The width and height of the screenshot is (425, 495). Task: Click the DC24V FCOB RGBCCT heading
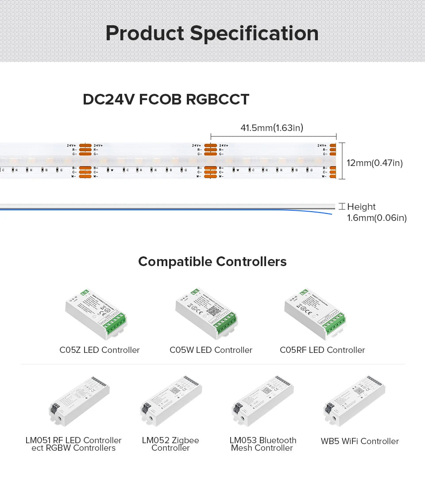[166, 99]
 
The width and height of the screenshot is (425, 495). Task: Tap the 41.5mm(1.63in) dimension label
[271, 128]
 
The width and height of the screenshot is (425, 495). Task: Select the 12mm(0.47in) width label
[375, 163]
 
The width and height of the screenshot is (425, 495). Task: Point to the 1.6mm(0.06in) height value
[377, 218]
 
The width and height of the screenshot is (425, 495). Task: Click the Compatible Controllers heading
[212, 262]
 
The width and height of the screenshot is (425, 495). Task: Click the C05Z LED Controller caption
[100, 350]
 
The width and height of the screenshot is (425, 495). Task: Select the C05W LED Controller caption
[211, 350]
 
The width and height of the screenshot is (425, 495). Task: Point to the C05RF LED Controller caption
[322, 350]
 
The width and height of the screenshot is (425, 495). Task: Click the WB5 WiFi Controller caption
[359, 441]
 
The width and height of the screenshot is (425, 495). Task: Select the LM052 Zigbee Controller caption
[170, 444]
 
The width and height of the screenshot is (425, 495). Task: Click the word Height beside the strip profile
[361, 207]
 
